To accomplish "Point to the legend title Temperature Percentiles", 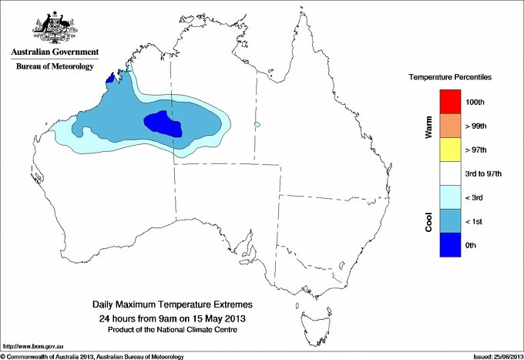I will click(x=450, y=78).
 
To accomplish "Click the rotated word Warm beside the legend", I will click(x=428, y=126).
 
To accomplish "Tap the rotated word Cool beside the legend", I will click(x=428, y=221).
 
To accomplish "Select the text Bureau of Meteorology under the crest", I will click(x=55, y=67).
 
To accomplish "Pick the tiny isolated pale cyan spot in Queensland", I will click(x=257, y=125).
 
